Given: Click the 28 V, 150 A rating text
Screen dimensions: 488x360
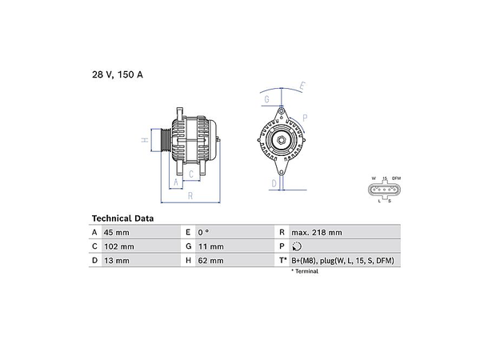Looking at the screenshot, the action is click(x=118, y=74).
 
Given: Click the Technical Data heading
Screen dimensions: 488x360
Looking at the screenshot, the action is click(x=122, y=218).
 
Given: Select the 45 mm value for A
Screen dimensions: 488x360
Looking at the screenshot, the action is click(x=116, y=233).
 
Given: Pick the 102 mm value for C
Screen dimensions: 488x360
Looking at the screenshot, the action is click(x=119, y=246).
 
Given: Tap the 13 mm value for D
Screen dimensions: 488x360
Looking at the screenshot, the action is click(x=116, y=261).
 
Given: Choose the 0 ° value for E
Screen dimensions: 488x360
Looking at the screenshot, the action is click(x=203, y=233).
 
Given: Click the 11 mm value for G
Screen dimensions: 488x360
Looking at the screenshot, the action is click(x=211, y=246).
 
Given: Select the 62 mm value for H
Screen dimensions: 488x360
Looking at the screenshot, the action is click(x=210, y=261).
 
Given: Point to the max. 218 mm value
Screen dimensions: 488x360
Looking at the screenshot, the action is click(x=317, y=233).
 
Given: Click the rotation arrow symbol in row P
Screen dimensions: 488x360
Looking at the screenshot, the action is click(x=297, y=246).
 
